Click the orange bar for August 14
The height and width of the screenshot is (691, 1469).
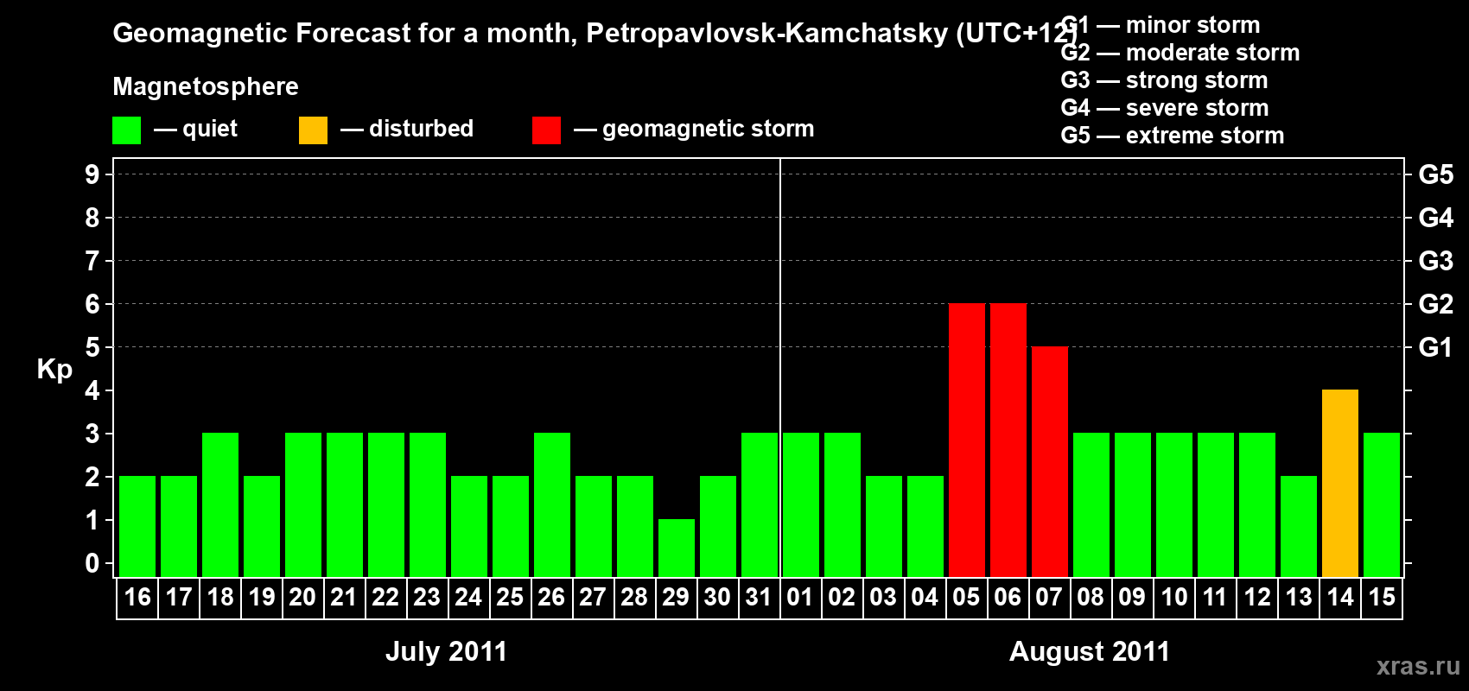(1340, 483)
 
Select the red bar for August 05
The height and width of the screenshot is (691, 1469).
(967, 440)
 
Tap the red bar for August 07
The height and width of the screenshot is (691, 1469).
(1050, 461)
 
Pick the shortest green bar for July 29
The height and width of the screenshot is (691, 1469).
(677, 548)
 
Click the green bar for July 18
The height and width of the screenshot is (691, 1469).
(220, 504)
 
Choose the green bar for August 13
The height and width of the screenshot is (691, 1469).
(1299, 526)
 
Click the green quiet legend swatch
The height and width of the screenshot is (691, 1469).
(127, 130)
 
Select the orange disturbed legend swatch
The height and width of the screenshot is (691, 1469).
(313, 130)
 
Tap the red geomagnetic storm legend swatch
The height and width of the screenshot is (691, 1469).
(546, 130)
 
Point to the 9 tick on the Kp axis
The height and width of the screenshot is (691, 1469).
(92, 174)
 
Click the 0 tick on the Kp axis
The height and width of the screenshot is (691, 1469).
(92, 563)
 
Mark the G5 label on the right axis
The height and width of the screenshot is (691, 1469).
(1435, 174)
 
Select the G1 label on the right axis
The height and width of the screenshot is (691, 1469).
(1435, 347)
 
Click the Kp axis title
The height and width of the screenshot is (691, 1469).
(54, 370)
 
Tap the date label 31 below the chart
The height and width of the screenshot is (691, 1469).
(759, 597)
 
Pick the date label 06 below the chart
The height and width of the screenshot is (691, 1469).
(1008, 597)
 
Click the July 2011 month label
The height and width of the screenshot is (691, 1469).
(446, 651)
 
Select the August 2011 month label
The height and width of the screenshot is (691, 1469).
(1089, 651)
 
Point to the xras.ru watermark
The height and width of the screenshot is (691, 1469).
(1418, 665)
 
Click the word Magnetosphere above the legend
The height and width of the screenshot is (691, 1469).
(206, 86)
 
